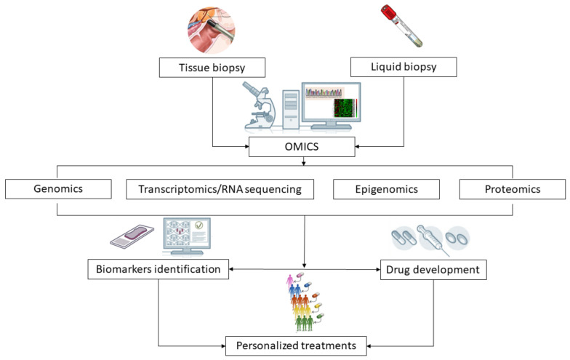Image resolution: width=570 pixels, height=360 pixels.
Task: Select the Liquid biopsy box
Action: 403,68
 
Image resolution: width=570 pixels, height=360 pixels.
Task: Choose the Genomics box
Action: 57,189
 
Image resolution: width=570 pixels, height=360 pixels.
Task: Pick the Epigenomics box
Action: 386,189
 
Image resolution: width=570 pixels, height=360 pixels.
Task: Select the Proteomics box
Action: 512,189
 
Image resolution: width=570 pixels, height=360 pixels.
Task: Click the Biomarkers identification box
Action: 158,269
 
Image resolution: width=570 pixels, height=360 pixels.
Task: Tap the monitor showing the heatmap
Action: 331,105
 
